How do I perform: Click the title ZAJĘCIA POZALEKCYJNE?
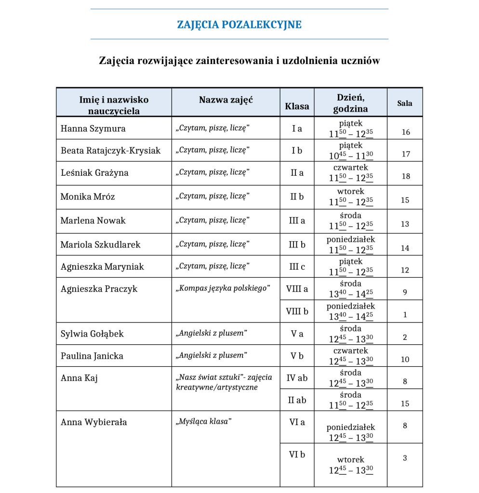[x=239, y=25]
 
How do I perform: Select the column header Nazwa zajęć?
[x=226, y=100]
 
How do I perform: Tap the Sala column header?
[x=404, y=103]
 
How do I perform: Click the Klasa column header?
[x=297, y=106]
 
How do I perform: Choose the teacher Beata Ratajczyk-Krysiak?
[x=110, y=151]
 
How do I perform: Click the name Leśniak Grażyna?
[x=94, y=173]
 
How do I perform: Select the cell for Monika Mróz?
[x=88, y=196]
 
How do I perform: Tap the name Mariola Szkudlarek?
[x=100, y=245]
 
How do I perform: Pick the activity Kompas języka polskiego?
[x=222, y=288]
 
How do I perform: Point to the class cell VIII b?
[x=297, y=311]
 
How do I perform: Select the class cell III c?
[x=297, y=266]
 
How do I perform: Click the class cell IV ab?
[x=297, y=378]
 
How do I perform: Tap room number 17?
[x=405, y=154]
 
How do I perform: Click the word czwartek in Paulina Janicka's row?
[x=350, y=350]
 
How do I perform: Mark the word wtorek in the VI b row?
[x=350, y=460]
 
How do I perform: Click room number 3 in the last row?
[x=405, y=458]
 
